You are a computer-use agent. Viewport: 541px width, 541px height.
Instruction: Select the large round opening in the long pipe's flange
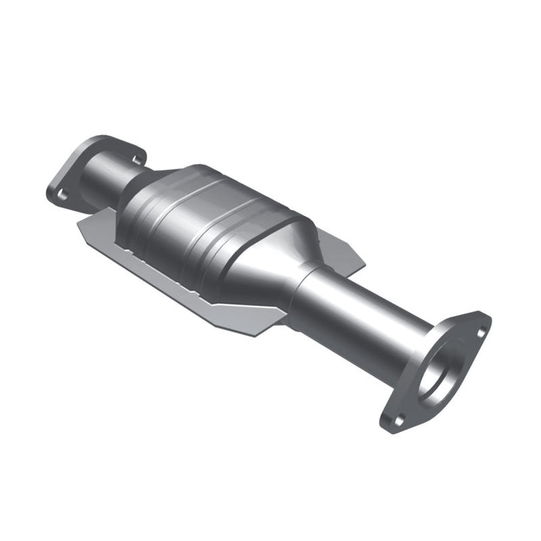pyautogui.click(x=439, y=372)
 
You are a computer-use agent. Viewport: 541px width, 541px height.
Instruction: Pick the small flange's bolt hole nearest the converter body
pyautogui.click(x=137, y=159)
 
